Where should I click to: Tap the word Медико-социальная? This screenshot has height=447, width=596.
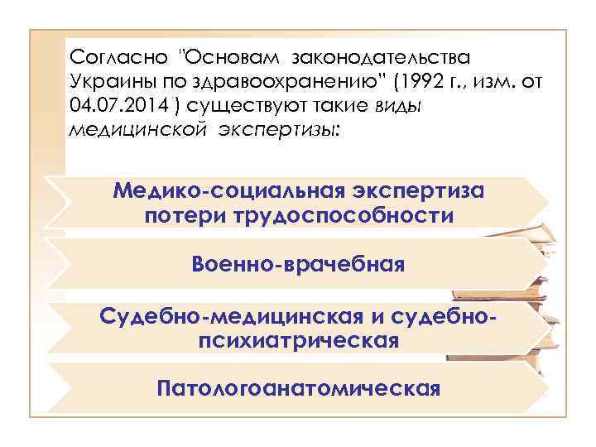click(x=219, y=192)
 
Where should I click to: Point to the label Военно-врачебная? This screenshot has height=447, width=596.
click(x=298, y=265)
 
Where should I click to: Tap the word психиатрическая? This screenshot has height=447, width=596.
click(x=299, y=340)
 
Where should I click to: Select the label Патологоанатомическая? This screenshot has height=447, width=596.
click(x=298, y=387)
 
